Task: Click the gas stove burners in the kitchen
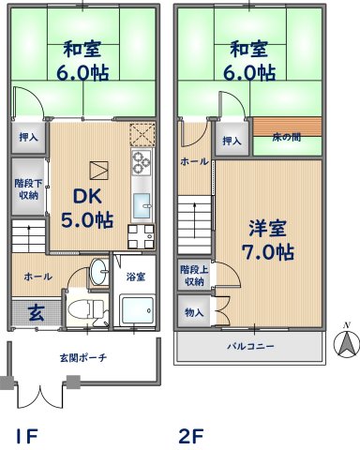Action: [x=142, y=165]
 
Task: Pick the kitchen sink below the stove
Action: [x=142, y=205]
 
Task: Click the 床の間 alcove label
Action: [x=287, y=139]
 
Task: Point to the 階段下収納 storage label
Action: [x=27, y=189]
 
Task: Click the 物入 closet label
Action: [x=193, y=311]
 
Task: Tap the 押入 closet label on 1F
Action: [x=28, y=137]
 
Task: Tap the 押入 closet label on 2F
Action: [x=232, y=142]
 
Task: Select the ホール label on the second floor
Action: [x=194, y=161]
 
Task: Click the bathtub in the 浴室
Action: [x=136, y=310]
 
